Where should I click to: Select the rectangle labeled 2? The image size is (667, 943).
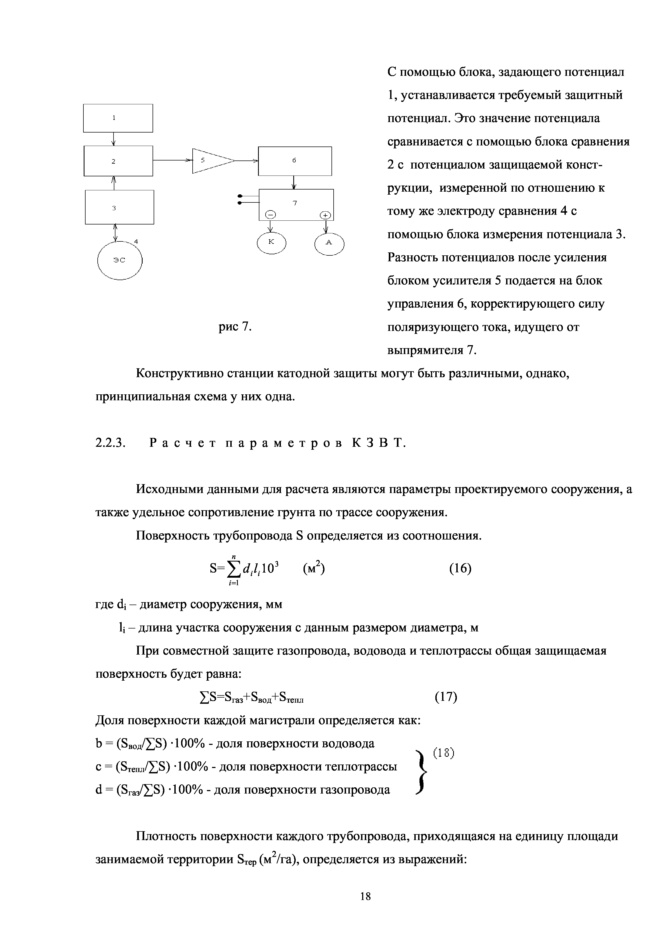click(118, 161)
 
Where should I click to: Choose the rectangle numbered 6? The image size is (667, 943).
click(295, 161)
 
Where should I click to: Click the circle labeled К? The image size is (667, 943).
click(271, 243)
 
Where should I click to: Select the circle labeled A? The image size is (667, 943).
click(329, 244)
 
